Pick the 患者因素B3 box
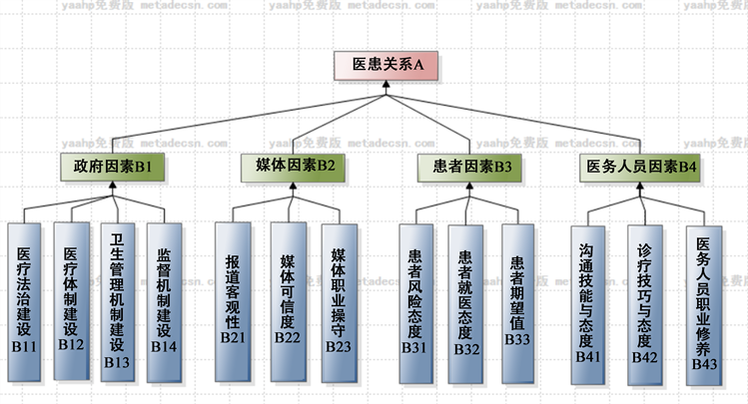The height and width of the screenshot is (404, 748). pos(466,167)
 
